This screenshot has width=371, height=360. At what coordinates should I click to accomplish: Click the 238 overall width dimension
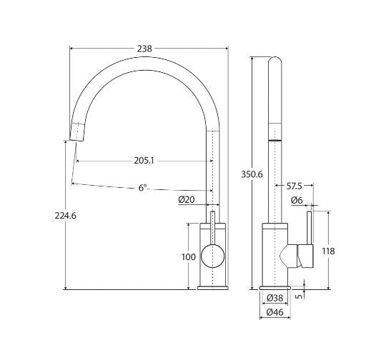coord(144,49)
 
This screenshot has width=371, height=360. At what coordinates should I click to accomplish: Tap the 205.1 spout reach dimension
coord(144,161)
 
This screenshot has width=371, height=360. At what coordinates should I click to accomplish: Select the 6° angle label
coord(142,188)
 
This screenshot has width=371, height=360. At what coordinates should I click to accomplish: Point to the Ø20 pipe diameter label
coord(187,199)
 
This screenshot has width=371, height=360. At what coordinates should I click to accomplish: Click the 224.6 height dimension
coord(66,216)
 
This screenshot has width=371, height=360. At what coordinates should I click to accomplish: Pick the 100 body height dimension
coord(189,257)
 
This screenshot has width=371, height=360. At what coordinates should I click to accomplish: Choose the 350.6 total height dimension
coord(252,174)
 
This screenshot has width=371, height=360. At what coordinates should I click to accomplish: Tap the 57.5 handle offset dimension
coord(295,186)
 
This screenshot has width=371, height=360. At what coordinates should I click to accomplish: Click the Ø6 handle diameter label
coord(297,201)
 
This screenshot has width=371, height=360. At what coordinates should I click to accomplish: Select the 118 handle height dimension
coord(328,251)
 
